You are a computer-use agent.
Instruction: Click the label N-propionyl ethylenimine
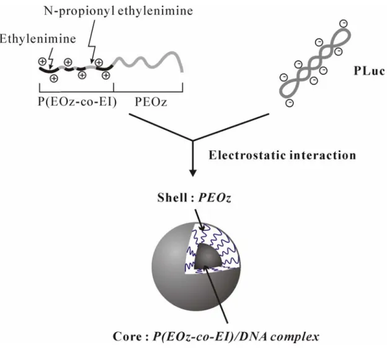(118, 11)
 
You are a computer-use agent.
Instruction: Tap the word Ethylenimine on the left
(37, 39)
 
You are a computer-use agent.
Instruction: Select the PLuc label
(369, 71)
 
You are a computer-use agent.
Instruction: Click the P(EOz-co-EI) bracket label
(77, 102)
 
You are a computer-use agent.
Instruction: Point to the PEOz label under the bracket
(151, 102)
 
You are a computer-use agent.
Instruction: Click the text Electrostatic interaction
(282, 155)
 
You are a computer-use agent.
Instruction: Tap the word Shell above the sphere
(172, 197)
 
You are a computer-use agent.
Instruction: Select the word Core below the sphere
(127, 336)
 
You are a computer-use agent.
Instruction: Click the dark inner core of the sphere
(208, 256)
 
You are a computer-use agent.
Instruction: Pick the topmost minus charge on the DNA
(344, 24)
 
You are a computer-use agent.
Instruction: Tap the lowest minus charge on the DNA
(290, 103)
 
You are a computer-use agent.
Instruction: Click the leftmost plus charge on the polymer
(42, 61)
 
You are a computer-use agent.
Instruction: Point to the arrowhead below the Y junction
(193, 173)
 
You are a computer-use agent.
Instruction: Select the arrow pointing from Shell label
(200, 220)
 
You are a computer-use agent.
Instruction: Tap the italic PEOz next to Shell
(215, 197)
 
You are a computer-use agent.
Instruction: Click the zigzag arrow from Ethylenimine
(51, 58)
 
